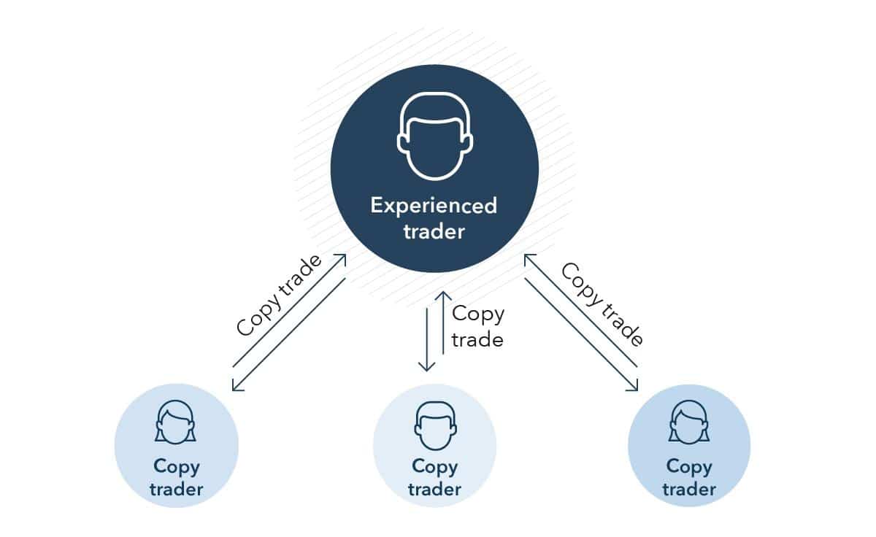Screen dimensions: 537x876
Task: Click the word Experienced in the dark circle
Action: (434, 206)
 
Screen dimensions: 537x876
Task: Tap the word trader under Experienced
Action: (434, 233)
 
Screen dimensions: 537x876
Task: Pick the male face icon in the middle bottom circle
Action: (434, 424)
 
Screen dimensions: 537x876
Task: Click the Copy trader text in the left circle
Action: (176, 477)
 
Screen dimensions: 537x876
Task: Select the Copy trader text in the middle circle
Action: (434, 477)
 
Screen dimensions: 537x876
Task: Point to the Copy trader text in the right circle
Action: (689, 477)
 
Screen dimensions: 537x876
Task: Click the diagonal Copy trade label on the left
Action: (280, 295)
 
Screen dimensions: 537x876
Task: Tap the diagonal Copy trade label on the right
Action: (602, 304)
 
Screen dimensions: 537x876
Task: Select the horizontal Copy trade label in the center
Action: (478, 326)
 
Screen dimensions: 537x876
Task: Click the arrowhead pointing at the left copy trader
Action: (237, 386)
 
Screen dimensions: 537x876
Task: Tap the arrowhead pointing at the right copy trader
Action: (634, 385)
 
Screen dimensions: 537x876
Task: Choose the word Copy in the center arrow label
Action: (478, 314)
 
